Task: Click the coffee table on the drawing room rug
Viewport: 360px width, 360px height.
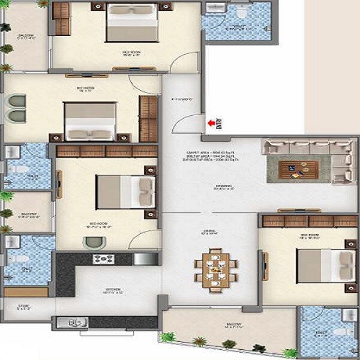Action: pyautogui.click(x=291, y=164)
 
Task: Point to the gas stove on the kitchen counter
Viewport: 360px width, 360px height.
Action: pyautogui.click(x=104, y=259)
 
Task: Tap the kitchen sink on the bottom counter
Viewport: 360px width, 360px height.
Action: pyautogui.click(x=72, y=323)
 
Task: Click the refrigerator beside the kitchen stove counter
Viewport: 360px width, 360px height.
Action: pyautogui.click(x=145, y=259)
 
